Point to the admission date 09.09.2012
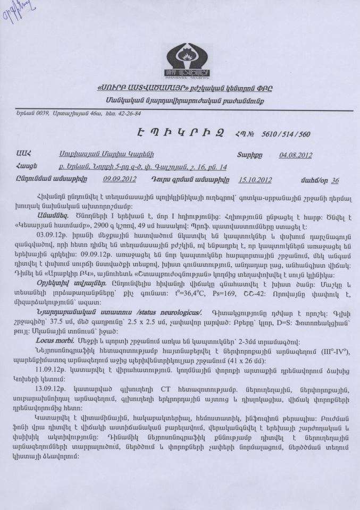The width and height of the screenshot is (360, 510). [120, 179]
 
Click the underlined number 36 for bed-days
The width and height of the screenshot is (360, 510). [334, 180]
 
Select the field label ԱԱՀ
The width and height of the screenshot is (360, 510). [23, 155]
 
